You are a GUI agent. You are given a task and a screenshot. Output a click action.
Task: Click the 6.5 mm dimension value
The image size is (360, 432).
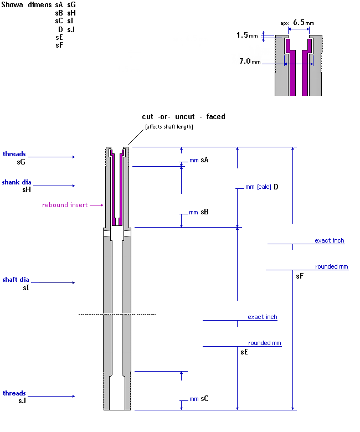pyautogui.click(x=299, y=23)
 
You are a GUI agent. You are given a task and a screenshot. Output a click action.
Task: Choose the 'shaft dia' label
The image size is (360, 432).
pyautogui.click(x=16, y=280)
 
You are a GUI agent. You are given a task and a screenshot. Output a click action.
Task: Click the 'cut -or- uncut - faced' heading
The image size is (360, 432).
pyautogui.click(x=183, y=117)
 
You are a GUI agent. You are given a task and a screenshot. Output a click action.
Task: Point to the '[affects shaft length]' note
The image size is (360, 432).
pyautogui.click(x=168, y=127)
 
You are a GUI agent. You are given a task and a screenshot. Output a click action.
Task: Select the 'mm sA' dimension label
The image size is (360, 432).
pyautogui.click(x=199, y=160)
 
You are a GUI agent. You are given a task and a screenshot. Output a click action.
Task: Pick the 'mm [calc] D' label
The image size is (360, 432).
pyautogui.click(x=261, y=187)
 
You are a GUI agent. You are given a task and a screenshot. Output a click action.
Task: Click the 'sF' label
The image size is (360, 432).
pyautogui.click(x=300, y=275)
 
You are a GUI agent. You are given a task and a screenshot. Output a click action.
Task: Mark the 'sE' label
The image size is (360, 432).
pyautogui.click(x=244, y=352)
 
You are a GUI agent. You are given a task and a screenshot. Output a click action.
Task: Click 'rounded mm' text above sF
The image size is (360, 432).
pyautogui.click(x=332, y=266)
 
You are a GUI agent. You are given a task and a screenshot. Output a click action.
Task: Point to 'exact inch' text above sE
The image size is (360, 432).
pyautogui.click(x=263, y=317)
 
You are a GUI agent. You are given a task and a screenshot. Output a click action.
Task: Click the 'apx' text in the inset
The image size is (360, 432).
pyautogui.click(x=285, y=23)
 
